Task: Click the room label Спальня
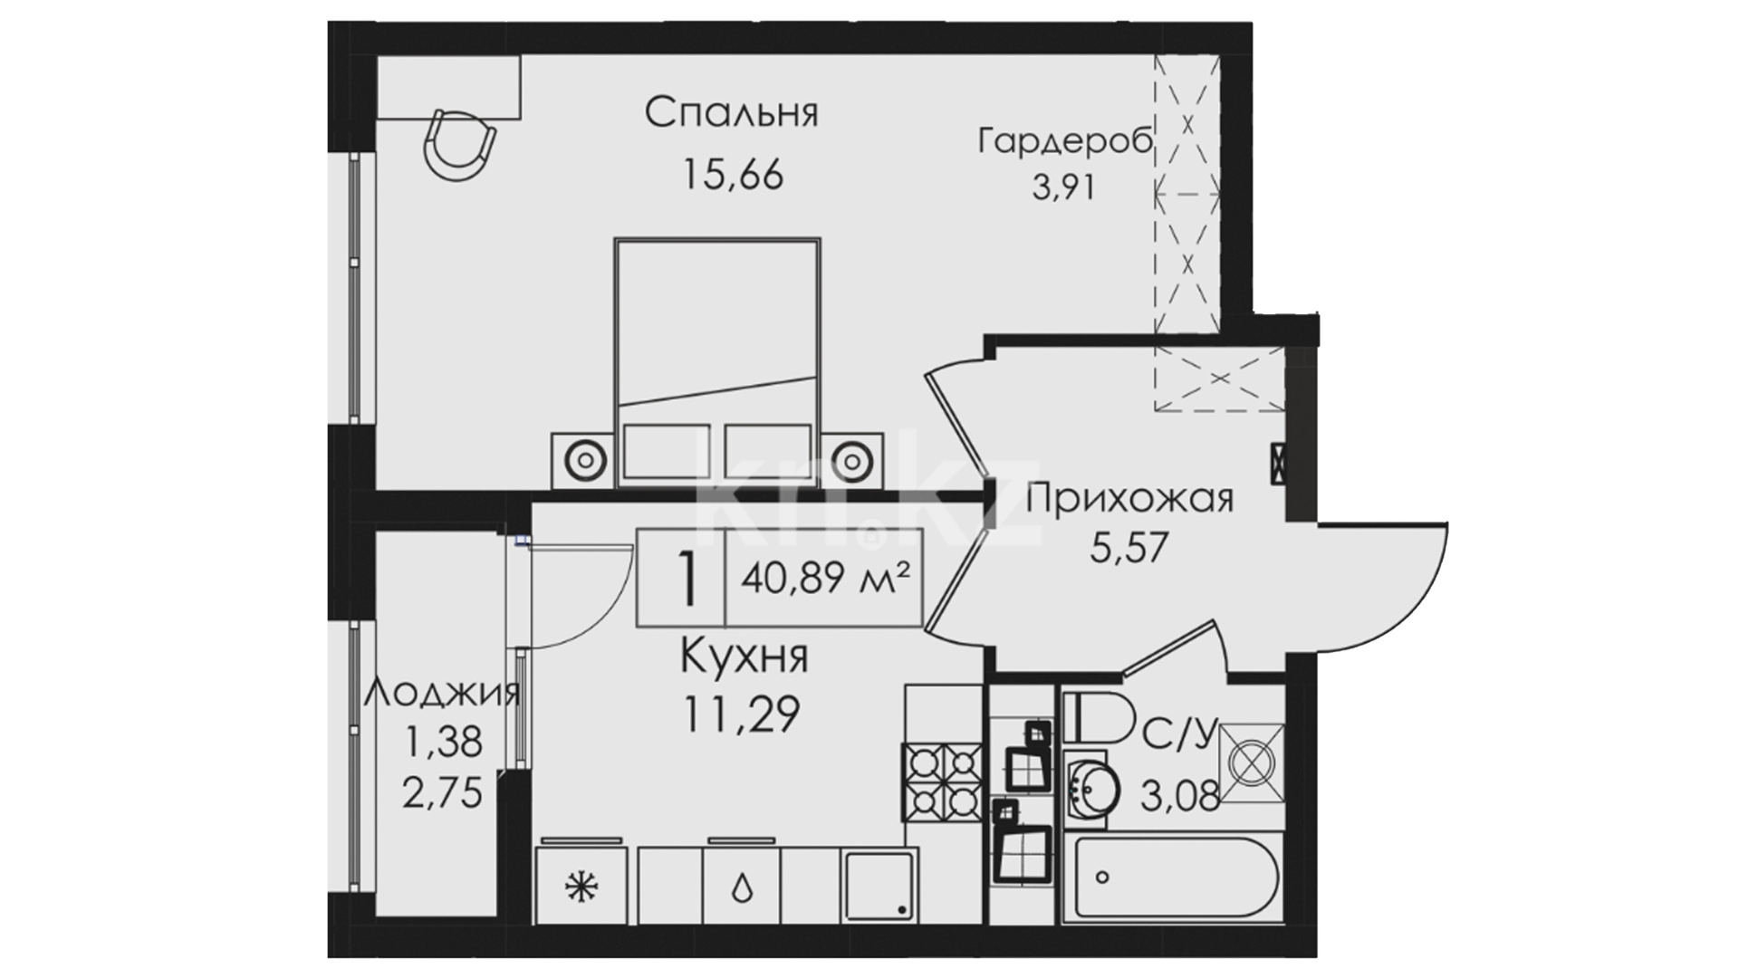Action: [x=731, y=114]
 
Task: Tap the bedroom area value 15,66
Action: [x=733, y=176]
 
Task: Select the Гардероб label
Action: [x=1065, y=142]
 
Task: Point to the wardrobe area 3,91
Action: [x=1064, y=187]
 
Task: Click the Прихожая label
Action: [x=1130, y=499]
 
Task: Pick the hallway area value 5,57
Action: [x=1129, y=547]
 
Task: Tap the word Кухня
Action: [x=744, y=657]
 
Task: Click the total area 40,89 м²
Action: [x=825, y=577]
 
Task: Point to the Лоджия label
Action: [x=443, y=695]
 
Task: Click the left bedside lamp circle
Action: [x=585, y=460]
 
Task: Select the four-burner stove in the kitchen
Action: [x=942, y=781]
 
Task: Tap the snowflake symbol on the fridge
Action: [x=577, y=887]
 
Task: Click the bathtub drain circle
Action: [x=1102, y=877]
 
